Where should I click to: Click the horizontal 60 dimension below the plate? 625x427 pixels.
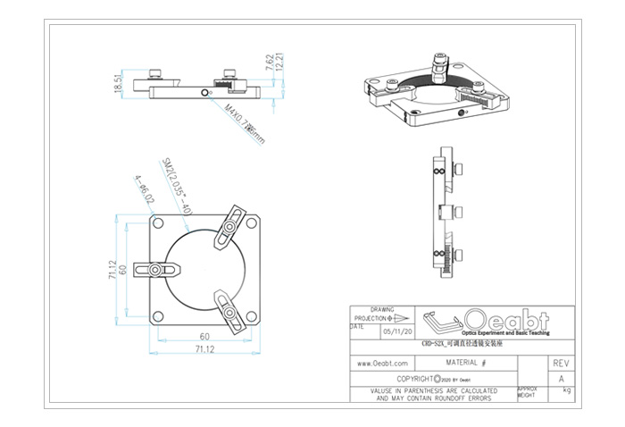click(204, 337)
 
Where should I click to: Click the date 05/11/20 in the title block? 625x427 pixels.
click(392, 331)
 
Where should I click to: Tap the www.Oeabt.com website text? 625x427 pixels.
click(383, 364)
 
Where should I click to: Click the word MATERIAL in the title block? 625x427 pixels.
click(462, 364)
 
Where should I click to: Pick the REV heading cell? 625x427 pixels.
click(561, 364)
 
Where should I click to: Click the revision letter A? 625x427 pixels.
click(561, 379)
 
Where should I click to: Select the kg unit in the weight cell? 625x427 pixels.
click(566, 390)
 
